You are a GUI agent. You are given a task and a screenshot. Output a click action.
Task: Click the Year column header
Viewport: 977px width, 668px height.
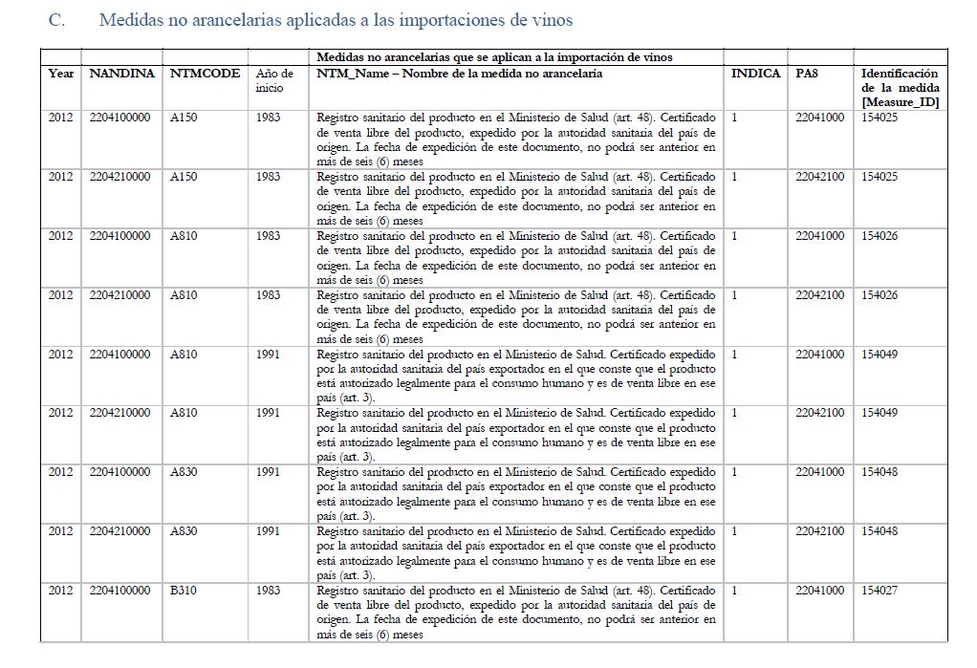click(x=61, y=74)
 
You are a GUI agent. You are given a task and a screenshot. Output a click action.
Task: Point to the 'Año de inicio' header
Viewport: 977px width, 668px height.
click(x=275, y=80)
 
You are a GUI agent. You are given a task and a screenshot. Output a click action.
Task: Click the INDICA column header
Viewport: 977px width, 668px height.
click(x=754, y=74)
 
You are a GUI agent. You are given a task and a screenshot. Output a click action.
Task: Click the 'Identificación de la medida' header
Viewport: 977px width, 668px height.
click(x=900, y=87)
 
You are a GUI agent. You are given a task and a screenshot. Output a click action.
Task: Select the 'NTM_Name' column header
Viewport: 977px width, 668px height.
click(x=459, y=74)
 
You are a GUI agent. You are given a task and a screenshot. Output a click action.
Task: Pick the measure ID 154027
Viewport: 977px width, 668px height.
click(x=879, y=591)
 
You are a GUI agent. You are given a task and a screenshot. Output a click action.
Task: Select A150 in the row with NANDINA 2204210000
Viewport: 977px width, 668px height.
click(x=184, y=177)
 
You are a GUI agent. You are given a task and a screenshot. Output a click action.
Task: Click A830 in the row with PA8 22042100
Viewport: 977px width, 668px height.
click(x=184, y=531)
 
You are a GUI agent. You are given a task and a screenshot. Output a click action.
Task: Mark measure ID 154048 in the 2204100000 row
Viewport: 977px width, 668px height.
click(x=879, y=472)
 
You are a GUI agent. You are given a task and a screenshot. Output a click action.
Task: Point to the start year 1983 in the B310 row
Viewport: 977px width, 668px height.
click(x=269, y=591)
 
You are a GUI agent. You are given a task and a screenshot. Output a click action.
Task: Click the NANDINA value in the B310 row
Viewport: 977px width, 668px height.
click(x=119, y=591)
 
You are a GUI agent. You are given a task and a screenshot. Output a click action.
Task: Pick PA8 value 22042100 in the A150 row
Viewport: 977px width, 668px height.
click(x=819, y=177)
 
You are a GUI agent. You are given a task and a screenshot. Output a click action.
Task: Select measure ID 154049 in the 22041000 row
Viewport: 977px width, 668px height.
click(x=879, y=355)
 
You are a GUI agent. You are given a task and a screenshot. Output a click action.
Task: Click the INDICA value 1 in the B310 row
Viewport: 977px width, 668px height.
click(x=734, y=591)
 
